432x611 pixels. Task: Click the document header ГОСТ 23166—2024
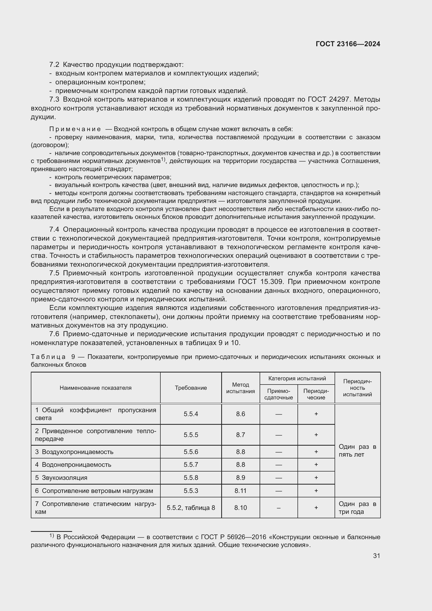tap(348, 44)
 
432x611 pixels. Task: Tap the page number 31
tap(376, 556)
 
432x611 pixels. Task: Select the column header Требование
tap(191, 388)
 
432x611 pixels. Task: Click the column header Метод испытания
tap(241, 388)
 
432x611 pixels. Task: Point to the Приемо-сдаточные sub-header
tap(278, 394)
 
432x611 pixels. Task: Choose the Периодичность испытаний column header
tap(357, 388)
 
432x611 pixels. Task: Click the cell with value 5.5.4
tap(191, 414)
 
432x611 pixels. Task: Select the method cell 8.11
tap(241, 491)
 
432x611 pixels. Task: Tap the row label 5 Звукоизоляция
tap(61, 478)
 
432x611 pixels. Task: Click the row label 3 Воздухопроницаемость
tap(74, 452)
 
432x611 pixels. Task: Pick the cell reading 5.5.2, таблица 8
tap(191, 508)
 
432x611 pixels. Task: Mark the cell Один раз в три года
tap(357, 508)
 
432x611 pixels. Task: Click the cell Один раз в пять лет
tap(357, 450)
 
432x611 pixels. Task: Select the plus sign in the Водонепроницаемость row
tap(316, 464)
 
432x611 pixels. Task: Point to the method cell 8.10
tap(241, 508)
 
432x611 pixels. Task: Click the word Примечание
tap(75, 129)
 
